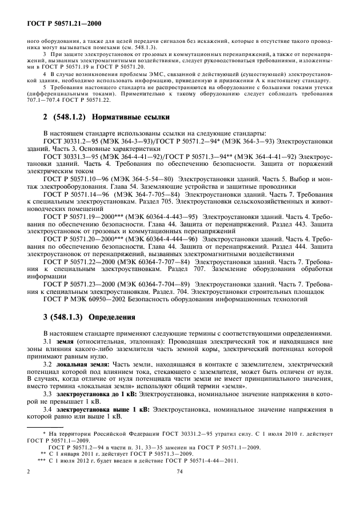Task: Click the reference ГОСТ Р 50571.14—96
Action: click(x=74, y=194)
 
